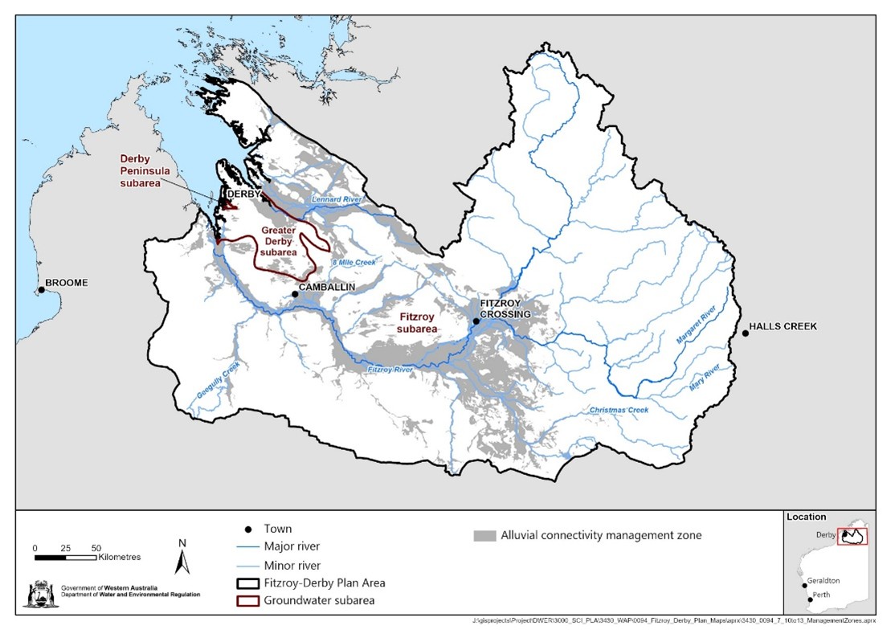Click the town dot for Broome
40,290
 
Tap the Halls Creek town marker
745,333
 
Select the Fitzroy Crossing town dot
476,321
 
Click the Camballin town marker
295,294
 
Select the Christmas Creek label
618,410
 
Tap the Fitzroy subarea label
418,323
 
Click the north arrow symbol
183,554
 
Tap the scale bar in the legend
65,555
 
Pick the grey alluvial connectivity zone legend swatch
483,535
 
